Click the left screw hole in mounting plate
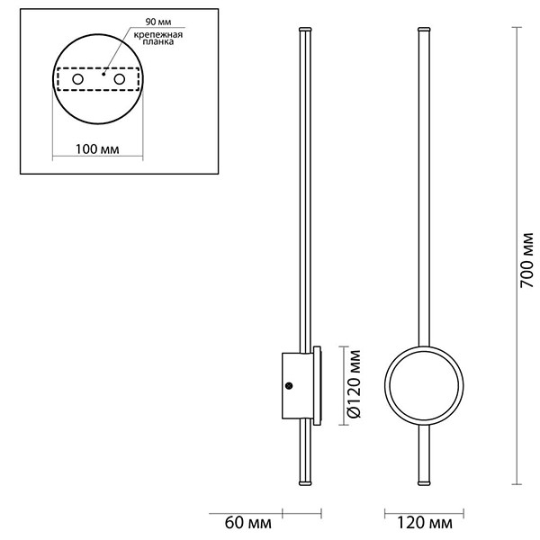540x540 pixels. point(77,81)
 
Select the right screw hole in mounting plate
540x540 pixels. point(118,81)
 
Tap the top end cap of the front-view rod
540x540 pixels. point(423,31)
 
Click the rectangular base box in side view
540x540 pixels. point(296,385)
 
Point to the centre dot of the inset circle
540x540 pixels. point(103,76)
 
